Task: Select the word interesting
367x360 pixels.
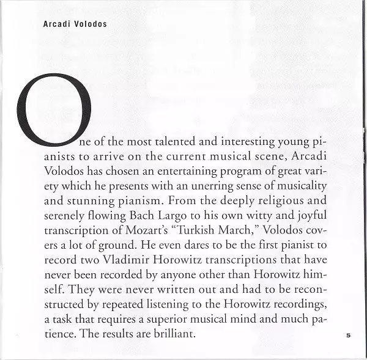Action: (239, 142)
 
